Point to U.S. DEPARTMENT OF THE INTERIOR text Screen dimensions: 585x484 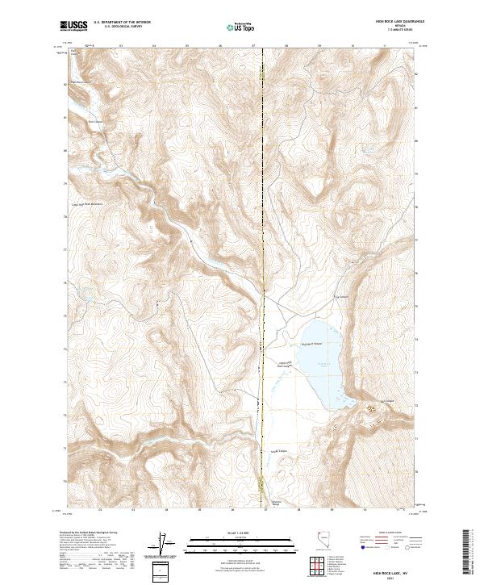point(123,23)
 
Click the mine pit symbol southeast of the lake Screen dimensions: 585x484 point(371,412)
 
